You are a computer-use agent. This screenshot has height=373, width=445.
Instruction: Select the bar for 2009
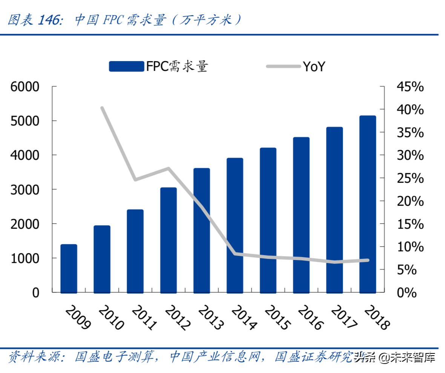[x=69, y=268]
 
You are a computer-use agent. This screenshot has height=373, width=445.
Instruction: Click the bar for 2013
[x=201, y=230]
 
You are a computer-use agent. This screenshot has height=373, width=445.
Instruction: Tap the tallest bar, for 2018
[x=367, y=204]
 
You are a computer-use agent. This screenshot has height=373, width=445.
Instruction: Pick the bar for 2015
[x=268, y=220]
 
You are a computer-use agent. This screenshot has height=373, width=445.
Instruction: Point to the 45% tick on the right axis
[x=410, y=87]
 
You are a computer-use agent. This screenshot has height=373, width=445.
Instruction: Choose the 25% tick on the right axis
[x=410, y=178]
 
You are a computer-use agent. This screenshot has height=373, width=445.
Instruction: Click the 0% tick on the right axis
[x=407, y=292]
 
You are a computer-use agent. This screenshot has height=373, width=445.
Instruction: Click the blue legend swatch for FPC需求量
[x=126, y=66]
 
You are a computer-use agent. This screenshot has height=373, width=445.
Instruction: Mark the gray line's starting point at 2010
[x=102, y=108]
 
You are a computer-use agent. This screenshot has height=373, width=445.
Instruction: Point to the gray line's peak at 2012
[x=169, y=168]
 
